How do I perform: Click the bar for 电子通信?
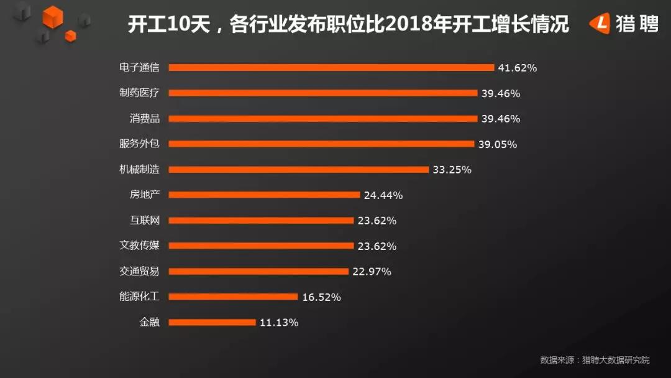click(331, 68)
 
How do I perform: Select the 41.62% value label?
click(517, 68)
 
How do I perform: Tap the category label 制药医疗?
click(139, 93)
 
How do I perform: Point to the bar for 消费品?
click(323, 119)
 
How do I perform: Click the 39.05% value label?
click(497, 144)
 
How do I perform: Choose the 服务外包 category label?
click(139, 144)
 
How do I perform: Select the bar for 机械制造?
click(299, 170)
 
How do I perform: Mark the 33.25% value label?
click(452, 170)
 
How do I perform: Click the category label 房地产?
click(145, 195)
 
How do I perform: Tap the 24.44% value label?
click(383, 195)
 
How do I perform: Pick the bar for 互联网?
click(261, 221)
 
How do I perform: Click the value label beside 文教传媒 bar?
click(377, 246)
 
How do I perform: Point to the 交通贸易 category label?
click(139, 271)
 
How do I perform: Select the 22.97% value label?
click(372, 272)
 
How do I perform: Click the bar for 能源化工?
click(233, 297)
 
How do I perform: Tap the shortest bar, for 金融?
click(212, 322)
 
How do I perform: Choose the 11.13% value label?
click(279, 322)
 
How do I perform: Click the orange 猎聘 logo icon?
click(600, 23)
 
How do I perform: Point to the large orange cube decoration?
click(53, 17)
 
